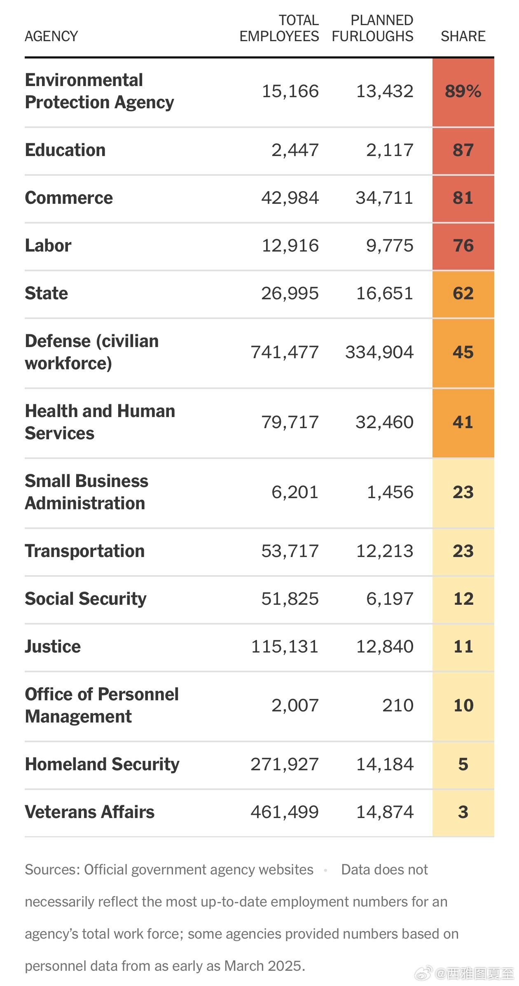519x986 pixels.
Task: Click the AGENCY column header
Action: coord(51,36)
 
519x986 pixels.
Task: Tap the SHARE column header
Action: coord(463,36)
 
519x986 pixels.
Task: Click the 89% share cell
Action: coord(463,91)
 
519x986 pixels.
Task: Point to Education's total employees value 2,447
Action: coord(295,150)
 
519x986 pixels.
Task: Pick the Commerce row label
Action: coord(69,198)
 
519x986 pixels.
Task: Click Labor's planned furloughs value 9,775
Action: coord(390,246)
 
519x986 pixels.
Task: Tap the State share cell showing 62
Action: coord(463,294)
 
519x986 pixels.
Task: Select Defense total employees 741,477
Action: coord(285,352)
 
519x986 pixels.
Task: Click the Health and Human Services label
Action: coord(100,422)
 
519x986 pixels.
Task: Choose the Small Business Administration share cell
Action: coord(463,492)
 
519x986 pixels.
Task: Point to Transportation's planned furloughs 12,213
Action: coord(385,551)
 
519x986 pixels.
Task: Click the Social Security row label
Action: coord(86,599)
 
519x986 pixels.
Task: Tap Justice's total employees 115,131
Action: coord(285,647)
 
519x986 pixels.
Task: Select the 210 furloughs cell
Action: coord(397,706)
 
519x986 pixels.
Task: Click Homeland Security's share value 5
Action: coord(463,765)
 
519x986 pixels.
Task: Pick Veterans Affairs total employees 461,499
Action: coord(285,812)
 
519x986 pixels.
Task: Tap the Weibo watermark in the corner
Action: coord(465,974)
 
